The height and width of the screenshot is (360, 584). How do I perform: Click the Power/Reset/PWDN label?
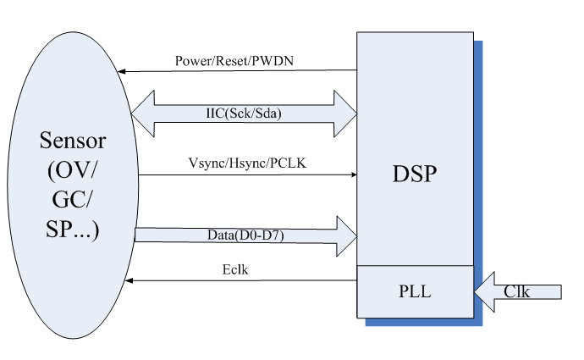pos(234,61)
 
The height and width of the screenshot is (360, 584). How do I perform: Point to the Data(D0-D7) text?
pos(245,234)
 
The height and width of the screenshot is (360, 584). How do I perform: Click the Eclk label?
pos(233,270)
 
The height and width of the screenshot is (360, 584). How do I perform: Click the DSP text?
pos(415,174)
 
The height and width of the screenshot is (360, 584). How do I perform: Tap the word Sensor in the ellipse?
pos(71,139)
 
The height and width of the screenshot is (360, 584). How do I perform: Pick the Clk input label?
pos(517,291)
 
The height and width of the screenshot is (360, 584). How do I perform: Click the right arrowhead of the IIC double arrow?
pos(347,113)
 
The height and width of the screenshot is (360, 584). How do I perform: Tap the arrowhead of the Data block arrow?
pos(346,235)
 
